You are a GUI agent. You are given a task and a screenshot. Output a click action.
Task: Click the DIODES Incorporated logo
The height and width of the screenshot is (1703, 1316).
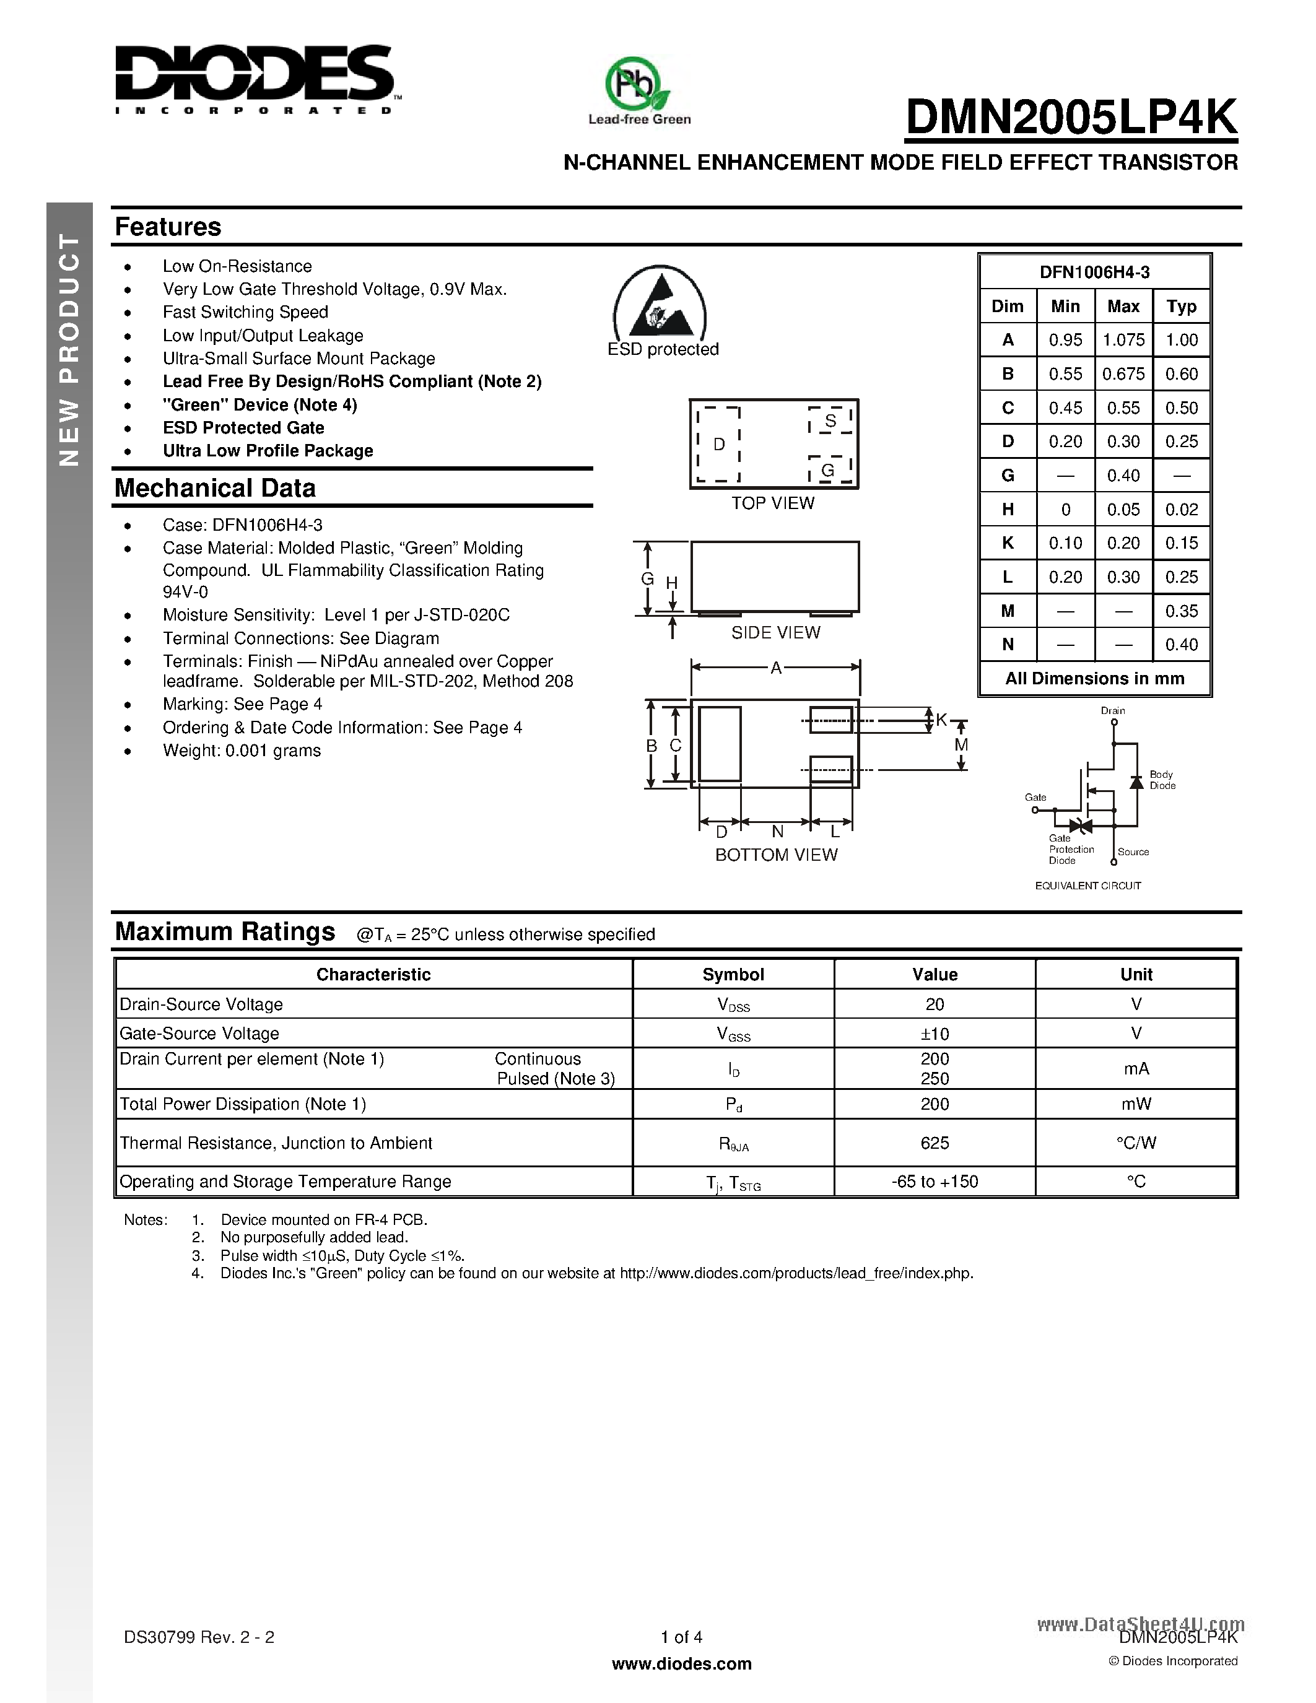(254, 79)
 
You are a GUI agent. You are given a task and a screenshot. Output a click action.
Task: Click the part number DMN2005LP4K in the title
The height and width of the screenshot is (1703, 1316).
(1070, 118)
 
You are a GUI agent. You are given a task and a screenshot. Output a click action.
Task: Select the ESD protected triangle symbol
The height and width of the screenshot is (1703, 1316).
(660, 307)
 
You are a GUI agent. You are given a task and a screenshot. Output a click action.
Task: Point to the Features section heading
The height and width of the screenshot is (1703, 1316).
(168, 227)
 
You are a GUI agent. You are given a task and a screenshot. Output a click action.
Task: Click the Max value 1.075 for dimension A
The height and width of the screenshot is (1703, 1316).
(1123, 340)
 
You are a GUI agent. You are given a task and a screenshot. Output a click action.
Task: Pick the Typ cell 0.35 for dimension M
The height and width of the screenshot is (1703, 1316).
(1181, 611)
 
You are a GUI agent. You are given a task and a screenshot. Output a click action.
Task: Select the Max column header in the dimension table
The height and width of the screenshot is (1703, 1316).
(1123, 307)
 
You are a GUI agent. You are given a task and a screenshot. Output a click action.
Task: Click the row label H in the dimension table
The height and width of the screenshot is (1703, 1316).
(1007, 509)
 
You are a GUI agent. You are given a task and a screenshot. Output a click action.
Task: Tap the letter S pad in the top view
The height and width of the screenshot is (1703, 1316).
(830, 421)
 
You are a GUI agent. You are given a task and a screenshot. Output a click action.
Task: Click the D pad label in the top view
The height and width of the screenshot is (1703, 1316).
(719, 443)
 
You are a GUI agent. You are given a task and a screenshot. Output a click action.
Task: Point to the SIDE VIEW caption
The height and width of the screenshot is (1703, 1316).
(775, 632)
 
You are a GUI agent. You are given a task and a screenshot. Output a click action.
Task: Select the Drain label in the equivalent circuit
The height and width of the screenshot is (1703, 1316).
(1112, 710)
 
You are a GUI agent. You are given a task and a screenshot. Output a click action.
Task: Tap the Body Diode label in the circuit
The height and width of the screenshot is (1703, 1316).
(1162, 780)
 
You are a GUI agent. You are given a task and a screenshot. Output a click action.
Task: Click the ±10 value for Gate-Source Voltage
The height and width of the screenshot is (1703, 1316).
(934, 1034)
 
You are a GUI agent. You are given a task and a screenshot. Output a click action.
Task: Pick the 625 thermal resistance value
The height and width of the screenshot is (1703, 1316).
(934, 1143)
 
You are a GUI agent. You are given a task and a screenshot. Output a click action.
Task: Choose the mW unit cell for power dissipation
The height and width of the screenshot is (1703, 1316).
(1136, 1104)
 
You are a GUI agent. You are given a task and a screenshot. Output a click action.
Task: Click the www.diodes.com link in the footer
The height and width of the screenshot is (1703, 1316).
(681, 1664)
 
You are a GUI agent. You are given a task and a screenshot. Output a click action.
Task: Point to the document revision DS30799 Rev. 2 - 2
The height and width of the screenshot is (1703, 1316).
(199, 1637)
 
